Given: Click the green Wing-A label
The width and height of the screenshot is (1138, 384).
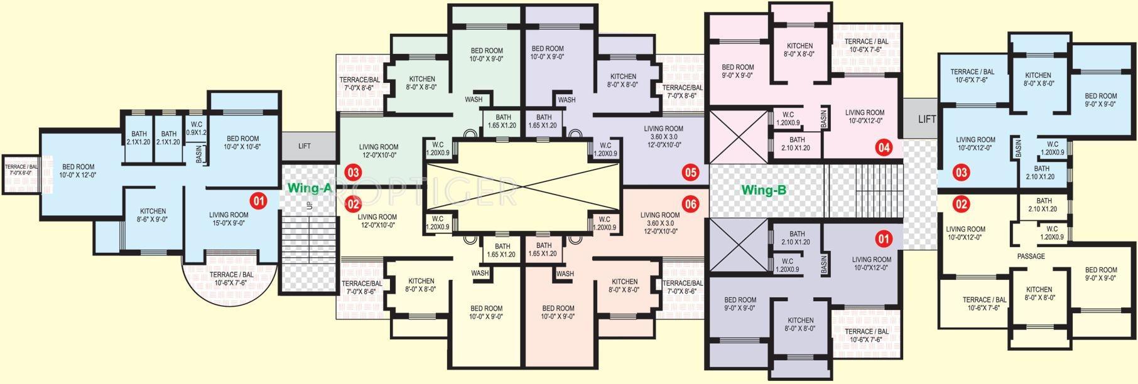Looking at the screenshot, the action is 309,188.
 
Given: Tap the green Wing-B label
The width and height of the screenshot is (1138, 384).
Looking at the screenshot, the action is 764,190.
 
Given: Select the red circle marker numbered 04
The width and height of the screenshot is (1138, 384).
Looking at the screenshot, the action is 884,148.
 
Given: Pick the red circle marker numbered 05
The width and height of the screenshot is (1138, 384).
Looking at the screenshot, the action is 691,172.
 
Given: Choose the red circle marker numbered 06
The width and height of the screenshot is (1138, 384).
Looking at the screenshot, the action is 691,203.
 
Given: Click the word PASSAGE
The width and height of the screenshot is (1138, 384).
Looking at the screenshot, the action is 1031,256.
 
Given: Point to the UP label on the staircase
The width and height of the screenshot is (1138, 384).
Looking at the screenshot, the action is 308,205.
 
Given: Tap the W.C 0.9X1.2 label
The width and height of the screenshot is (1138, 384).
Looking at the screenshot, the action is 197,128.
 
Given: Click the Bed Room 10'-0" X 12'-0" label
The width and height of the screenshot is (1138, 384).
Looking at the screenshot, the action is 78,171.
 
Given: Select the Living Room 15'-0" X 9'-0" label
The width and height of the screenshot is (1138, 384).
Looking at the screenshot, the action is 229,218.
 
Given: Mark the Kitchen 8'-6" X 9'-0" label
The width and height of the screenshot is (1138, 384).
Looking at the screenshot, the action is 153,215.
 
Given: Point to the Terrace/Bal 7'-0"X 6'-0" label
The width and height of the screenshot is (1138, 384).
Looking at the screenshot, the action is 21,169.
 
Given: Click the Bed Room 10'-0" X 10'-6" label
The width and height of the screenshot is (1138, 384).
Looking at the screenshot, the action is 242,142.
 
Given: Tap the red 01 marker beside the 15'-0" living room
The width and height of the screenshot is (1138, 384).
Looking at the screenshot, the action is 258,201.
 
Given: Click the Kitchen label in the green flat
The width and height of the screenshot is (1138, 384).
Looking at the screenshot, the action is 421,83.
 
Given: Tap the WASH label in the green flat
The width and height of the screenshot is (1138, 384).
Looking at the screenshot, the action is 474,99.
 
